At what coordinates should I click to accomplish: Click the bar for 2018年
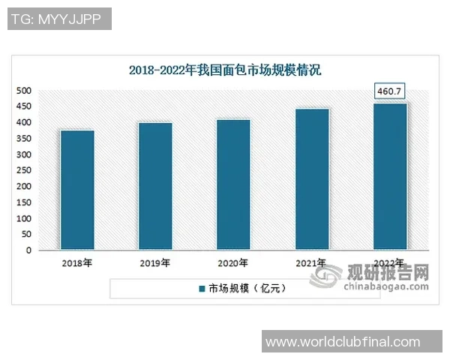77,190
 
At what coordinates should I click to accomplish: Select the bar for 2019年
155,186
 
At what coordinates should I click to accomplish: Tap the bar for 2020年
233,184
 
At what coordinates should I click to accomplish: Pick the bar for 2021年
312,179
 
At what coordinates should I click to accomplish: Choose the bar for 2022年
390,176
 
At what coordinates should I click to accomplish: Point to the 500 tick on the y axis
24,91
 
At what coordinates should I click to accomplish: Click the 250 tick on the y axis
24,171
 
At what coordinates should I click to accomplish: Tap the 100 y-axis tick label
24,219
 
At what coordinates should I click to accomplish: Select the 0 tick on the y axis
28,251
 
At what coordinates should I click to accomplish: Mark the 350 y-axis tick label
24,139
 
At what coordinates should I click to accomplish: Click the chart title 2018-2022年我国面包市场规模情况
225,71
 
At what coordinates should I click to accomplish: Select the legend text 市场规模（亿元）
247,288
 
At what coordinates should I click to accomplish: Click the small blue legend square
202,288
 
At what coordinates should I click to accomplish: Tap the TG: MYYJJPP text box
59,19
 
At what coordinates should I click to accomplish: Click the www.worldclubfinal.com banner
352,342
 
